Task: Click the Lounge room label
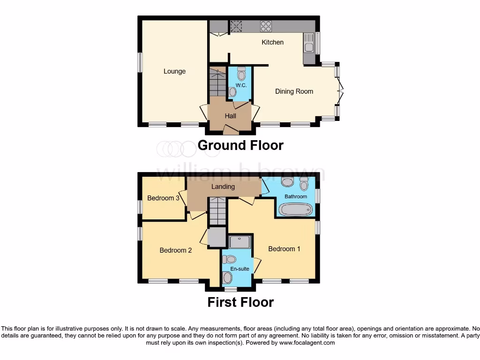pos(174,71)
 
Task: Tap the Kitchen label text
pos(272,42)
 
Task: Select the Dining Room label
pos(294,91)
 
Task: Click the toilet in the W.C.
pos(241,74)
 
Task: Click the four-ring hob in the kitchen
pos(266,26)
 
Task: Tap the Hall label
pos(230,116)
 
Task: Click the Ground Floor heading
pos(240,145)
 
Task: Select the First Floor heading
pos(240,302)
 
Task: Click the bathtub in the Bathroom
pos(296,209)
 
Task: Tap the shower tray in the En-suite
pos(240,242)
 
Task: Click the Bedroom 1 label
pos(284,249)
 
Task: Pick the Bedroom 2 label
pos(176,250)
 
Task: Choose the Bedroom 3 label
pos(163,198)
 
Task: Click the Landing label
pos(223,187)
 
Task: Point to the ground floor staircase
pos(217,82)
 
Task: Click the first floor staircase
pos(217,211)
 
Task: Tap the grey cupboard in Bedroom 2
pos(217,238)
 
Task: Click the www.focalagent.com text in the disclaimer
pos(307,343)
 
